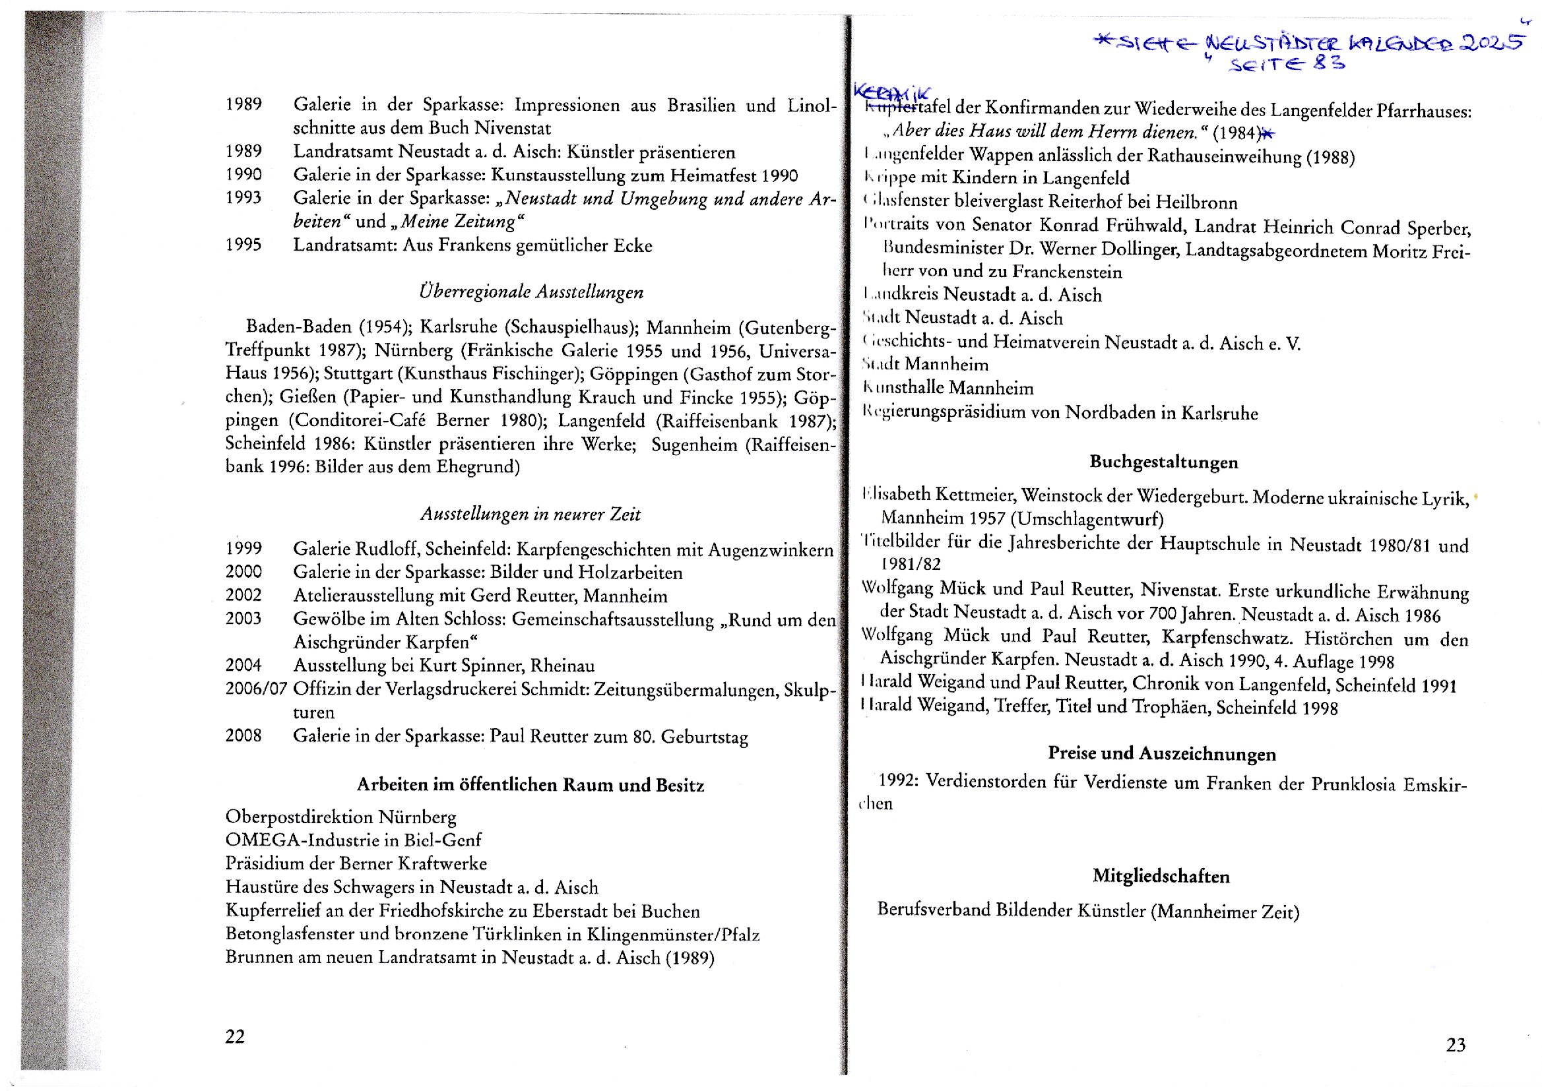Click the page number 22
pyautogui.click(x=234, y=1037)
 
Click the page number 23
pyautogui.click(x=1456, y=1045)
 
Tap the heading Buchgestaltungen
pyautogui.click(x=1163, y=462)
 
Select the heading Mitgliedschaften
pyautogui.click(x=1161, y=876)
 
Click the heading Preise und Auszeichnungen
pyautogui.click(x=1162, y=754)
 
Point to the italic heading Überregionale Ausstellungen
pyautogui.click(x=530, y=292)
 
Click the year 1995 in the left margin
pyautogui.click(x=243, y=245)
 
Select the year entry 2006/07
pyautogui.click(x=256, y=689)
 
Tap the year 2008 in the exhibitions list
pyautogui.click(x=243, y=735)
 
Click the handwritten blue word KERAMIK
pyautogui.click(x=892, y=93)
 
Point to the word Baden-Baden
pyautogui.click(x=298, y=327)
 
